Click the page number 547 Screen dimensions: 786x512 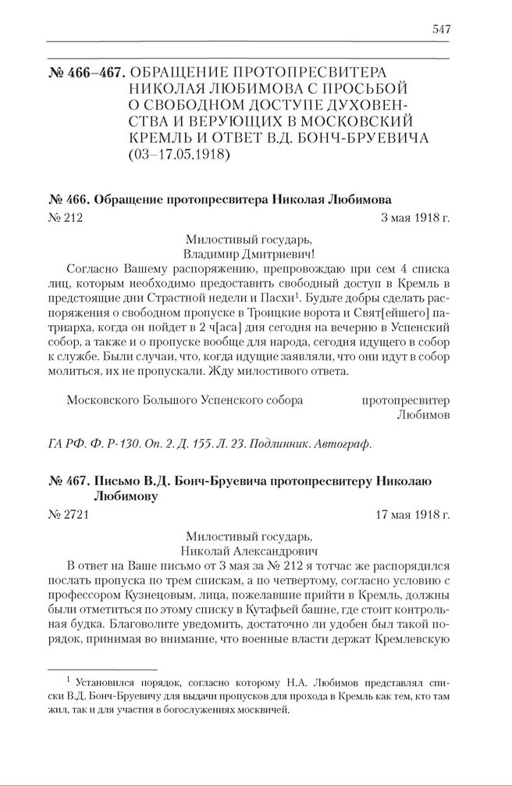click(440, 29)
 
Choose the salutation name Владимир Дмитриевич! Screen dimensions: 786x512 click(249, 254)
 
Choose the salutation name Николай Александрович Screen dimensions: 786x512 click(249, 552)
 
